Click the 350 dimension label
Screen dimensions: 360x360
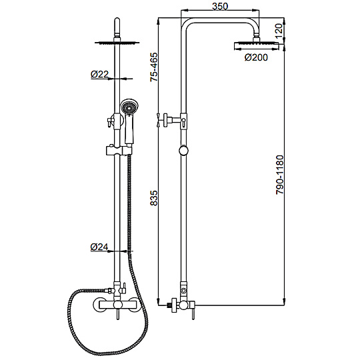pos(220,6)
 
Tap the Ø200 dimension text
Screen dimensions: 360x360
pos(256,57)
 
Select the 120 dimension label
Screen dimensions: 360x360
pos(278,31)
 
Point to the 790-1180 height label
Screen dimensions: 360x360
pos(280,175)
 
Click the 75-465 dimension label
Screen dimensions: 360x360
pos(154,67)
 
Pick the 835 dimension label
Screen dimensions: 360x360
pos(154,198)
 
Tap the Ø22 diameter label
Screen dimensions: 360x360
pos(99,74)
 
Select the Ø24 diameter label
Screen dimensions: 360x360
pos(99,247)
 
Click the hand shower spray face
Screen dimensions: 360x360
pos(129,107)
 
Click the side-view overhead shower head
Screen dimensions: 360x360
pos(256,46)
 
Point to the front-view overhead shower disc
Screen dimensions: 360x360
pos(117,43)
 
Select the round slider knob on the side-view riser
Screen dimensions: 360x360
pos(183,151)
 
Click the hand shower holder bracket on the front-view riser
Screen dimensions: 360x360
pos(119,151)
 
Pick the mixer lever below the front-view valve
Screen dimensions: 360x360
pos(118,314)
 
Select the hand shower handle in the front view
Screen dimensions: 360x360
pos(129,130)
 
